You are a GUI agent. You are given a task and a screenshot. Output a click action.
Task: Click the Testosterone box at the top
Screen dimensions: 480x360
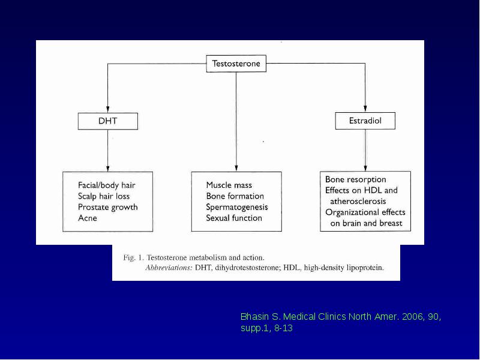(236, 64)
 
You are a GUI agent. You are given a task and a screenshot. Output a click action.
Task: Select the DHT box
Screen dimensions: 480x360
(108, 121)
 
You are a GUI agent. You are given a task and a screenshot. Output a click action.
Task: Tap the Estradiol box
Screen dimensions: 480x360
(365, 121)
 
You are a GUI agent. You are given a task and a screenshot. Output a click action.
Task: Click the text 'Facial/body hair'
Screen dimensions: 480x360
(107, 185)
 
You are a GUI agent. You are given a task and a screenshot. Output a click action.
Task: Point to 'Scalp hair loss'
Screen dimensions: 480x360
(104, 196)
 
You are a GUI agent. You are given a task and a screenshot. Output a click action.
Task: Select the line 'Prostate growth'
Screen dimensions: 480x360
(108, 207)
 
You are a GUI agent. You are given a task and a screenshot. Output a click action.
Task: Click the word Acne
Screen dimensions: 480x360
(88, 218)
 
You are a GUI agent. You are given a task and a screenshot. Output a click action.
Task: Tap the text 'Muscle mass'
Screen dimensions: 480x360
(229, 185)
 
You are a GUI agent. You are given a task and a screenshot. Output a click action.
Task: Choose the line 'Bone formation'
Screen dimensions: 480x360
(235, 196)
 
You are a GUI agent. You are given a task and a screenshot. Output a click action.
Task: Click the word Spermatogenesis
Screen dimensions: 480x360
(237, 207)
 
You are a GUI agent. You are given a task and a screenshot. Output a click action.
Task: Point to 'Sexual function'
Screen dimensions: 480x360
(234, 218)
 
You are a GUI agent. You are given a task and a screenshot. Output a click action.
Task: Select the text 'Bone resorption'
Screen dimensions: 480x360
(355, 179)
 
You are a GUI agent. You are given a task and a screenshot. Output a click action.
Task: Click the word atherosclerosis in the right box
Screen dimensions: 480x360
(358, 202)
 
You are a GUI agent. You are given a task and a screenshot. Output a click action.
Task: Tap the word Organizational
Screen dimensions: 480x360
(348, 212)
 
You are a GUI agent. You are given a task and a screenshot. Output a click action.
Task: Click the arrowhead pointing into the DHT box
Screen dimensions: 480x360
(108, 109)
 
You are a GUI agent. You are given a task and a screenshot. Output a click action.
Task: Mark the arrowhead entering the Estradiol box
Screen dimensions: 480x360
(365, 109)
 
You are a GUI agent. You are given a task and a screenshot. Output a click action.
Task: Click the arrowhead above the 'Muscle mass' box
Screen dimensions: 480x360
(236, 168)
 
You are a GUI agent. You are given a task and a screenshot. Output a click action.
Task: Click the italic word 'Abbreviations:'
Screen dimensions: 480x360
(169, 268)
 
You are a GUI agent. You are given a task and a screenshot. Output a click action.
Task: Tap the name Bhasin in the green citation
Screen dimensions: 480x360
(254, 317)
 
